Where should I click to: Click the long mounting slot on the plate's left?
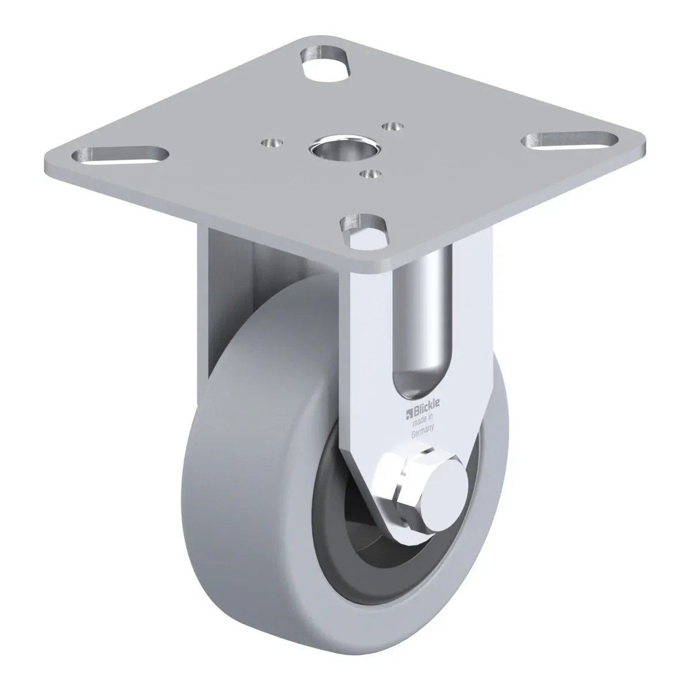[120, 156]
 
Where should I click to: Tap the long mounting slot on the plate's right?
[569, 140]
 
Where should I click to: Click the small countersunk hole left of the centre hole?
[272, 143]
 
